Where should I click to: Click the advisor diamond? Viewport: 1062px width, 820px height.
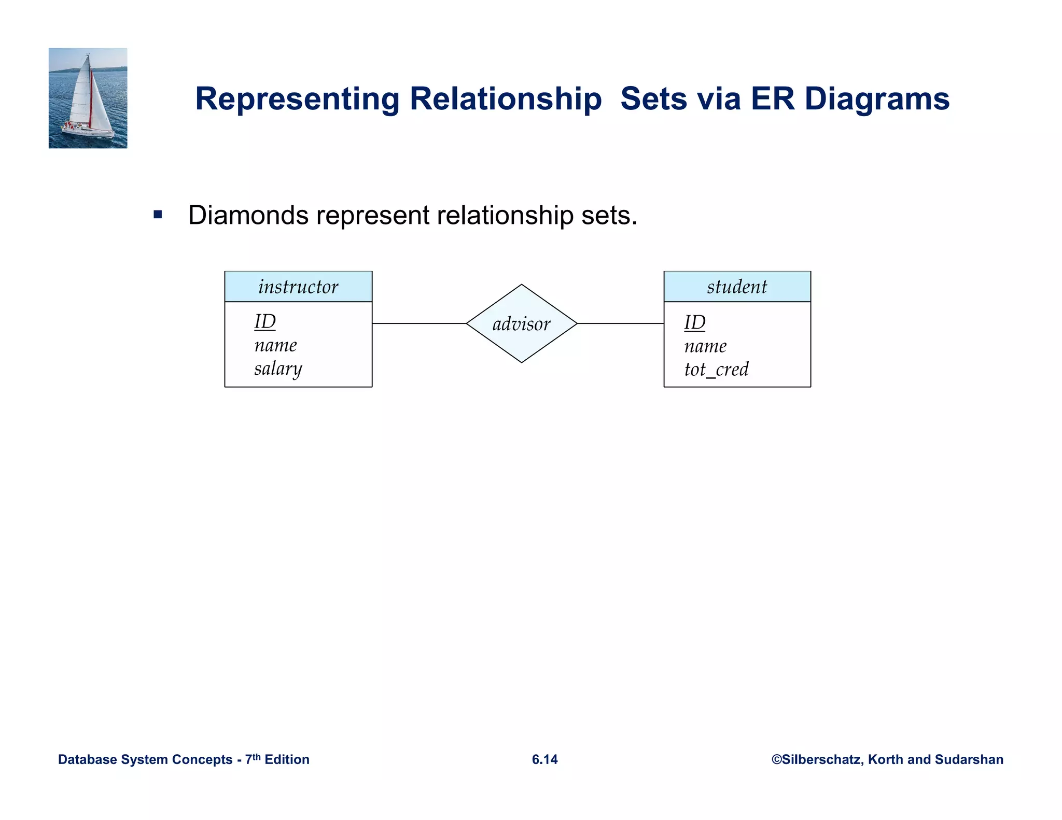[521, 323]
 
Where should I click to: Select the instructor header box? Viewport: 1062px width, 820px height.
[298, 287]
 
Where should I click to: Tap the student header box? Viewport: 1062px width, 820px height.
[737, 287]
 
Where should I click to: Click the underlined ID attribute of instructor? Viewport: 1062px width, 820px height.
[265, 322]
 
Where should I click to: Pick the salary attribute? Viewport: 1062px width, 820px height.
[278, 369]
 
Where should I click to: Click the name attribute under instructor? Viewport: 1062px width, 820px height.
[275, 345]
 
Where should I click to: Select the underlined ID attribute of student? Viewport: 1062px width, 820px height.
[695, 322]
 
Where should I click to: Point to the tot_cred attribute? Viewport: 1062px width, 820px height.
[716, 369]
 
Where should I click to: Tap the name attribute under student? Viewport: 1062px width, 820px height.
[705, 346]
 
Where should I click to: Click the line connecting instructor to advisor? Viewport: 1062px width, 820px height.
[419, 323]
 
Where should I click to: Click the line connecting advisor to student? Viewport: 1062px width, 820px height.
[620, 323]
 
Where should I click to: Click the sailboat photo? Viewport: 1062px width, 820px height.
[88, 98]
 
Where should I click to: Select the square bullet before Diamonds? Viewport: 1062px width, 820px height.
[158, 215]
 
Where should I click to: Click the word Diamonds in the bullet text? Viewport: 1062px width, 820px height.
[249, 215]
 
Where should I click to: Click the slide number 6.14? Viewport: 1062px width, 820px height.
[544, 759]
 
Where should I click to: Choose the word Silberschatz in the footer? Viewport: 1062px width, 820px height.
[822, 759]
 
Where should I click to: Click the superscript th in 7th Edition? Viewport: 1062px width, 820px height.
[256, 756]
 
